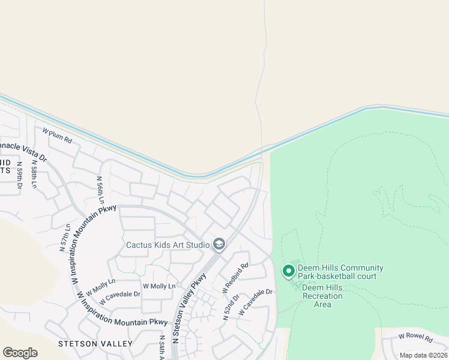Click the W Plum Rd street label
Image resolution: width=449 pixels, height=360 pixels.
(58, 135)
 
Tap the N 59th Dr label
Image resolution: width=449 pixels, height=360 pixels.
(19, 175)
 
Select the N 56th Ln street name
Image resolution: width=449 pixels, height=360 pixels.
(101, 190)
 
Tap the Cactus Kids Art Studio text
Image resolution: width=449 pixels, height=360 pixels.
(167, 245)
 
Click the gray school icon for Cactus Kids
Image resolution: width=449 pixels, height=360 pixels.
(219, 244)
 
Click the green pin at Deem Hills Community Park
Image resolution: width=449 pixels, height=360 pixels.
(288, 271)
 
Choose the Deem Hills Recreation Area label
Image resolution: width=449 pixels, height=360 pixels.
(322, 296)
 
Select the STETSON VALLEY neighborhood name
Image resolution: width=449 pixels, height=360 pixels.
(95, 344)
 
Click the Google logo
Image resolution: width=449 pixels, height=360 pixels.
(20, 353)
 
